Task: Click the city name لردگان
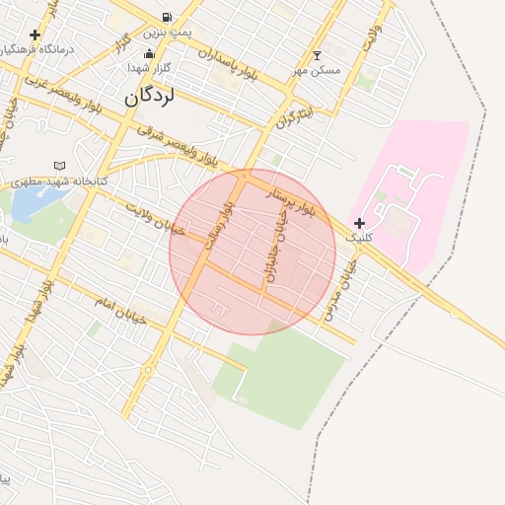click(x=151, y=98)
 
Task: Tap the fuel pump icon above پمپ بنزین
click(x=166, y=18)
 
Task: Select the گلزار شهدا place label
click(x=150, y=67)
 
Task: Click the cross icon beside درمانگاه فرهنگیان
click(x=36, y=35)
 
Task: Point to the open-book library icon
click(x=60, y=166)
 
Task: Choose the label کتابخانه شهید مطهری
click(x=58, y=182)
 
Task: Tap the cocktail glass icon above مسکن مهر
click(x=317, y=55)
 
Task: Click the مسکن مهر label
click(x=316, y=71)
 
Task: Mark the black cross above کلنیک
click(x=359, y=224)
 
